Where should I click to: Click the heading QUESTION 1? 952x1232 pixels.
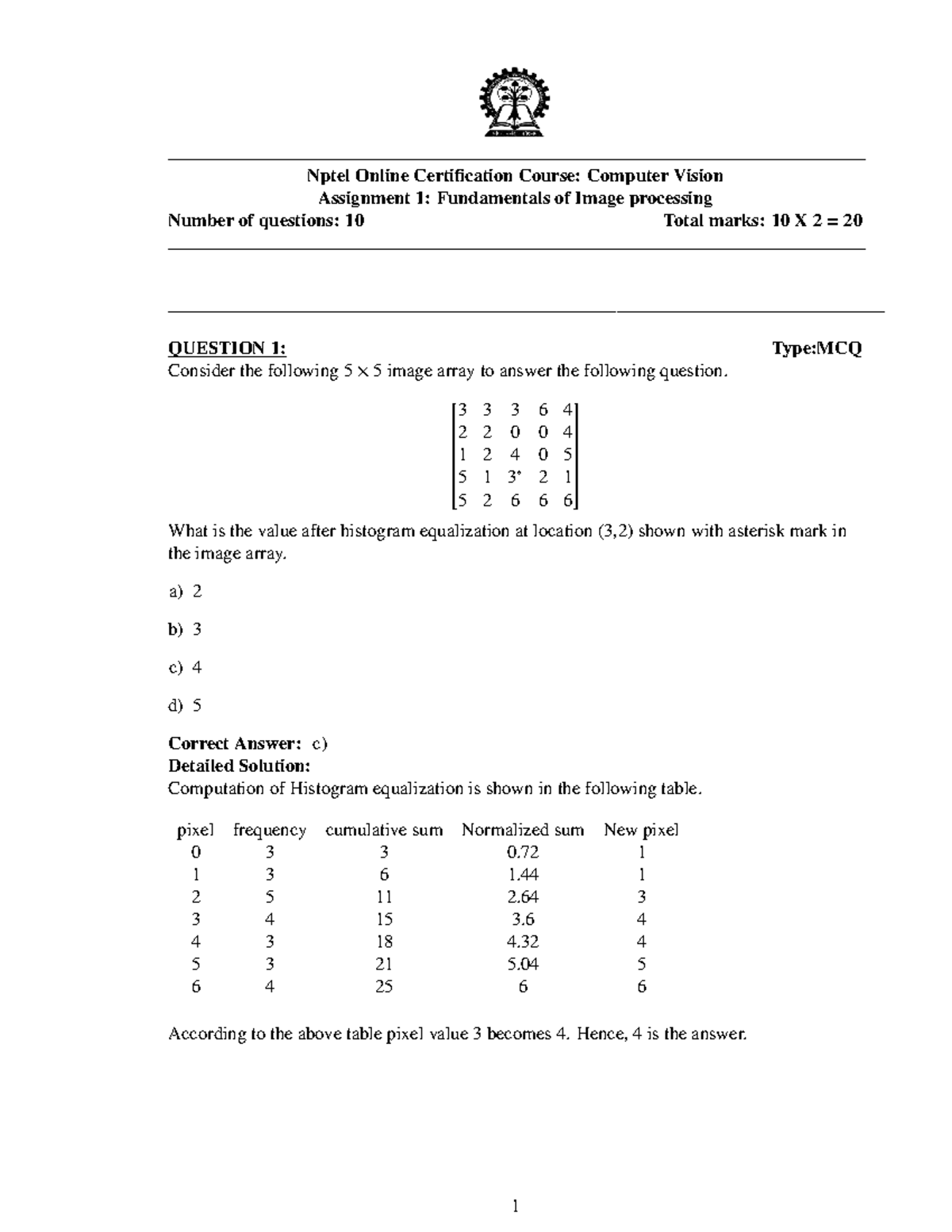tap(227, 348)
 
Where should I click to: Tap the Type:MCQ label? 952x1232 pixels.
tap(816, 348)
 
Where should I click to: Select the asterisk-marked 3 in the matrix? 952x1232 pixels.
tap(514, 477)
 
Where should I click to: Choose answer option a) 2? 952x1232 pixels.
tap(186, 591)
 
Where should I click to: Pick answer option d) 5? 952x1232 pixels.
tap(186, 705)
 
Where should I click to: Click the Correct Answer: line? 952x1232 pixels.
tap(248, 743)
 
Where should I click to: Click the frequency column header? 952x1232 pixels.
tap(270, 830)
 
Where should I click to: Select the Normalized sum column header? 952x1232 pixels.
tap(523, 830)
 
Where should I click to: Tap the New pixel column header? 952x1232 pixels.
tap(641, 830)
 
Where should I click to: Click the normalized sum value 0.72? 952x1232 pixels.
tap(523, 852)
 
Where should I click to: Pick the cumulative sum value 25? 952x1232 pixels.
tap(384, 987)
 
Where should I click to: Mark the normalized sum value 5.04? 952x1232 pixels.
tap(523, 965)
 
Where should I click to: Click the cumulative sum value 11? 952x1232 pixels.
tap(384, 897)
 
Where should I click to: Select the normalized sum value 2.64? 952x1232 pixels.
tap(523, 897)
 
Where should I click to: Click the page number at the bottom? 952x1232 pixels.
tap(516, 1207)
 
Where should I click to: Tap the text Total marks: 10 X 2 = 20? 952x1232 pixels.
tap(762, 221)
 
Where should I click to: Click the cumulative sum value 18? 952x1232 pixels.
tap(384, 942)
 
